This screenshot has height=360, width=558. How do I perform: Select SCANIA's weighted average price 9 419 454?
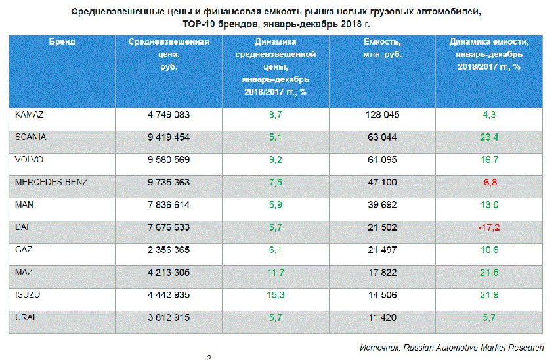[x=169, y=137]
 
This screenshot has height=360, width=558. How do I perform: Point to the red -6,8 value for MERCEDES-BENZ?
[x=489, y=182]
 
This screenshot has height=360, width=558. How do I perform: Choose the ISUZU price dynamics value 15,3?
[x=275, y=295]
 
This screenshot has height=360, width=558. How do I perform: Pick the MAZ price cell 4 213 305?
[x=169, y=272]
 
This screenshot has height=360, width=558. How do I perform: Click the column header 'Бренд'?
[x=62, y=41]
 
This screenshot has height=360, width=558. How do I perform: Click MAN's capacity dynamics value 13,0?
[x=489, y=205]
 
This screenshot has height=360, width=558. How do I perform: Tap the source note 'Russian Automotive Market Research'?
[x=477, y=347]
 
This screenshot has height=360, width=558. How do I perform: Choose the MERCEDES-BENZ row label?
[x=51, y=182]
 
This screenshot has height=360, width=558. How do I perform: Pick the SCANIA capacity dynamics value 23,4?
[x=489, y=137]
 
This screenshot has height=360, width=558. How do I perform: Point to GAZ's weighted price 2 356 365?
[x=169, y=250]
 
